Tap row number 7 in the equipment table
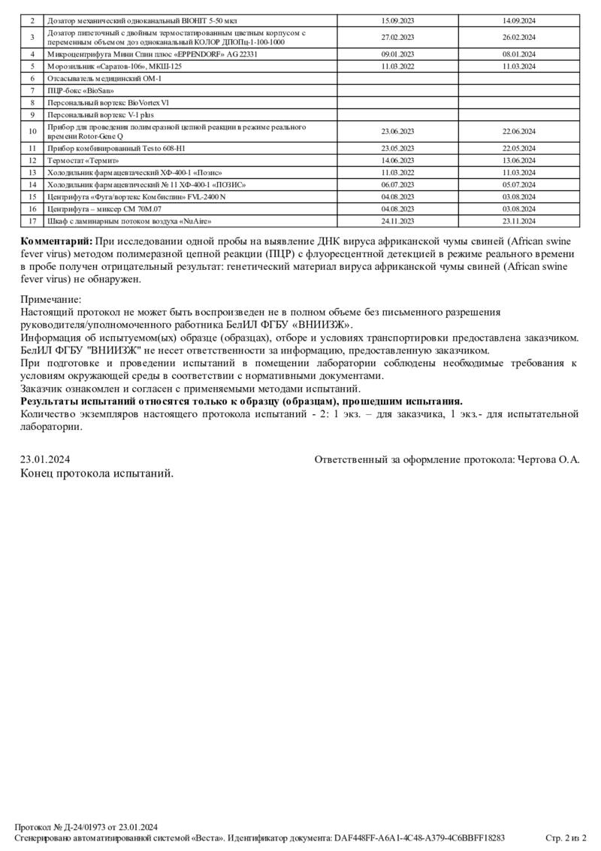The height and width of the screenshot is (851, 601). pos(32,90)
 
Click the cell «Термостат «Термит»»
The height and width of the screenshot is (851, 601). pos(83,160)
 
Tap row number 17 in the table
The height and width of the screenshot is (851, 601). pos(32,221)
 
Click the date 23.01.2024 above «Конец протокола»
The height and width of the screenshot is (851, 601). pos(45,459)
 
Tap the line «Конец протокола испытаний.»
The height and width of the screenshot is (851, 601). pos(97,474)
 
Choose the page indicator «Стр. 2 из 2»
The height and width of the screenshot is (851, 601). pos(566,837)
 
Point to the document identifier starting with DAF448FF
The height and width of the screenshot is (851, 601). pos(419,837)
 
